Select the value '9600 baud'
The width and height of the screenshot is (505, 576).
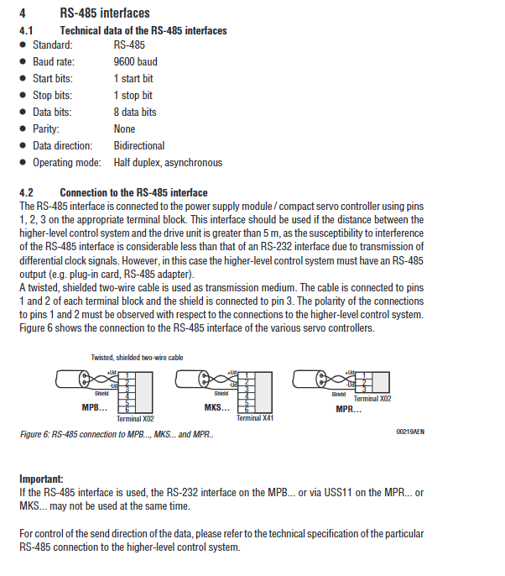coord(135,61)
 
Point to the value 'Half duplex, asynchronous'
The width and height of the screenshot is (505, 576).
coord(168,162)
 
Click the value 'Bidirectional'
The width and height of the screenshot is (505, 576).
coord(139,145)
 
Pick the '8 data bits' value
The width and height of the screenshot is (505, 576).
coord(135,112)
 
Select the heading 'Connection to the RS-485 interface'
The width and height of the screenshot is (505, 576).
coord(133,192)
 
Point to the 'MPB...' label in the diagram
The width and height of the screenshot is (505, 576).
coord(95,406)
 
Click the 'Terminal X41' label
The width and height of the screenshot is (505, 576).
coord(255,417)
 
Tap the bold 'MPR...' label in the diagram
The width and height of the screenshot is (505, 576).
coord(350,409)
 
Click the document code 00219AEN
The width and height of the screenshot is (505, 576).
coord(410,431)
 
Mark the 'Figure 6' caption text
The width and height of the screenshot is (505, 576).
coord(117,435)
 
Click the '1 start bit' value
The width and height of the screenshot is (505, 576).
coord(133,78)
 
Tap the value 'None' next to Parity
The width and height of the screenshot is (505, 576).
coord(124,128)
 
